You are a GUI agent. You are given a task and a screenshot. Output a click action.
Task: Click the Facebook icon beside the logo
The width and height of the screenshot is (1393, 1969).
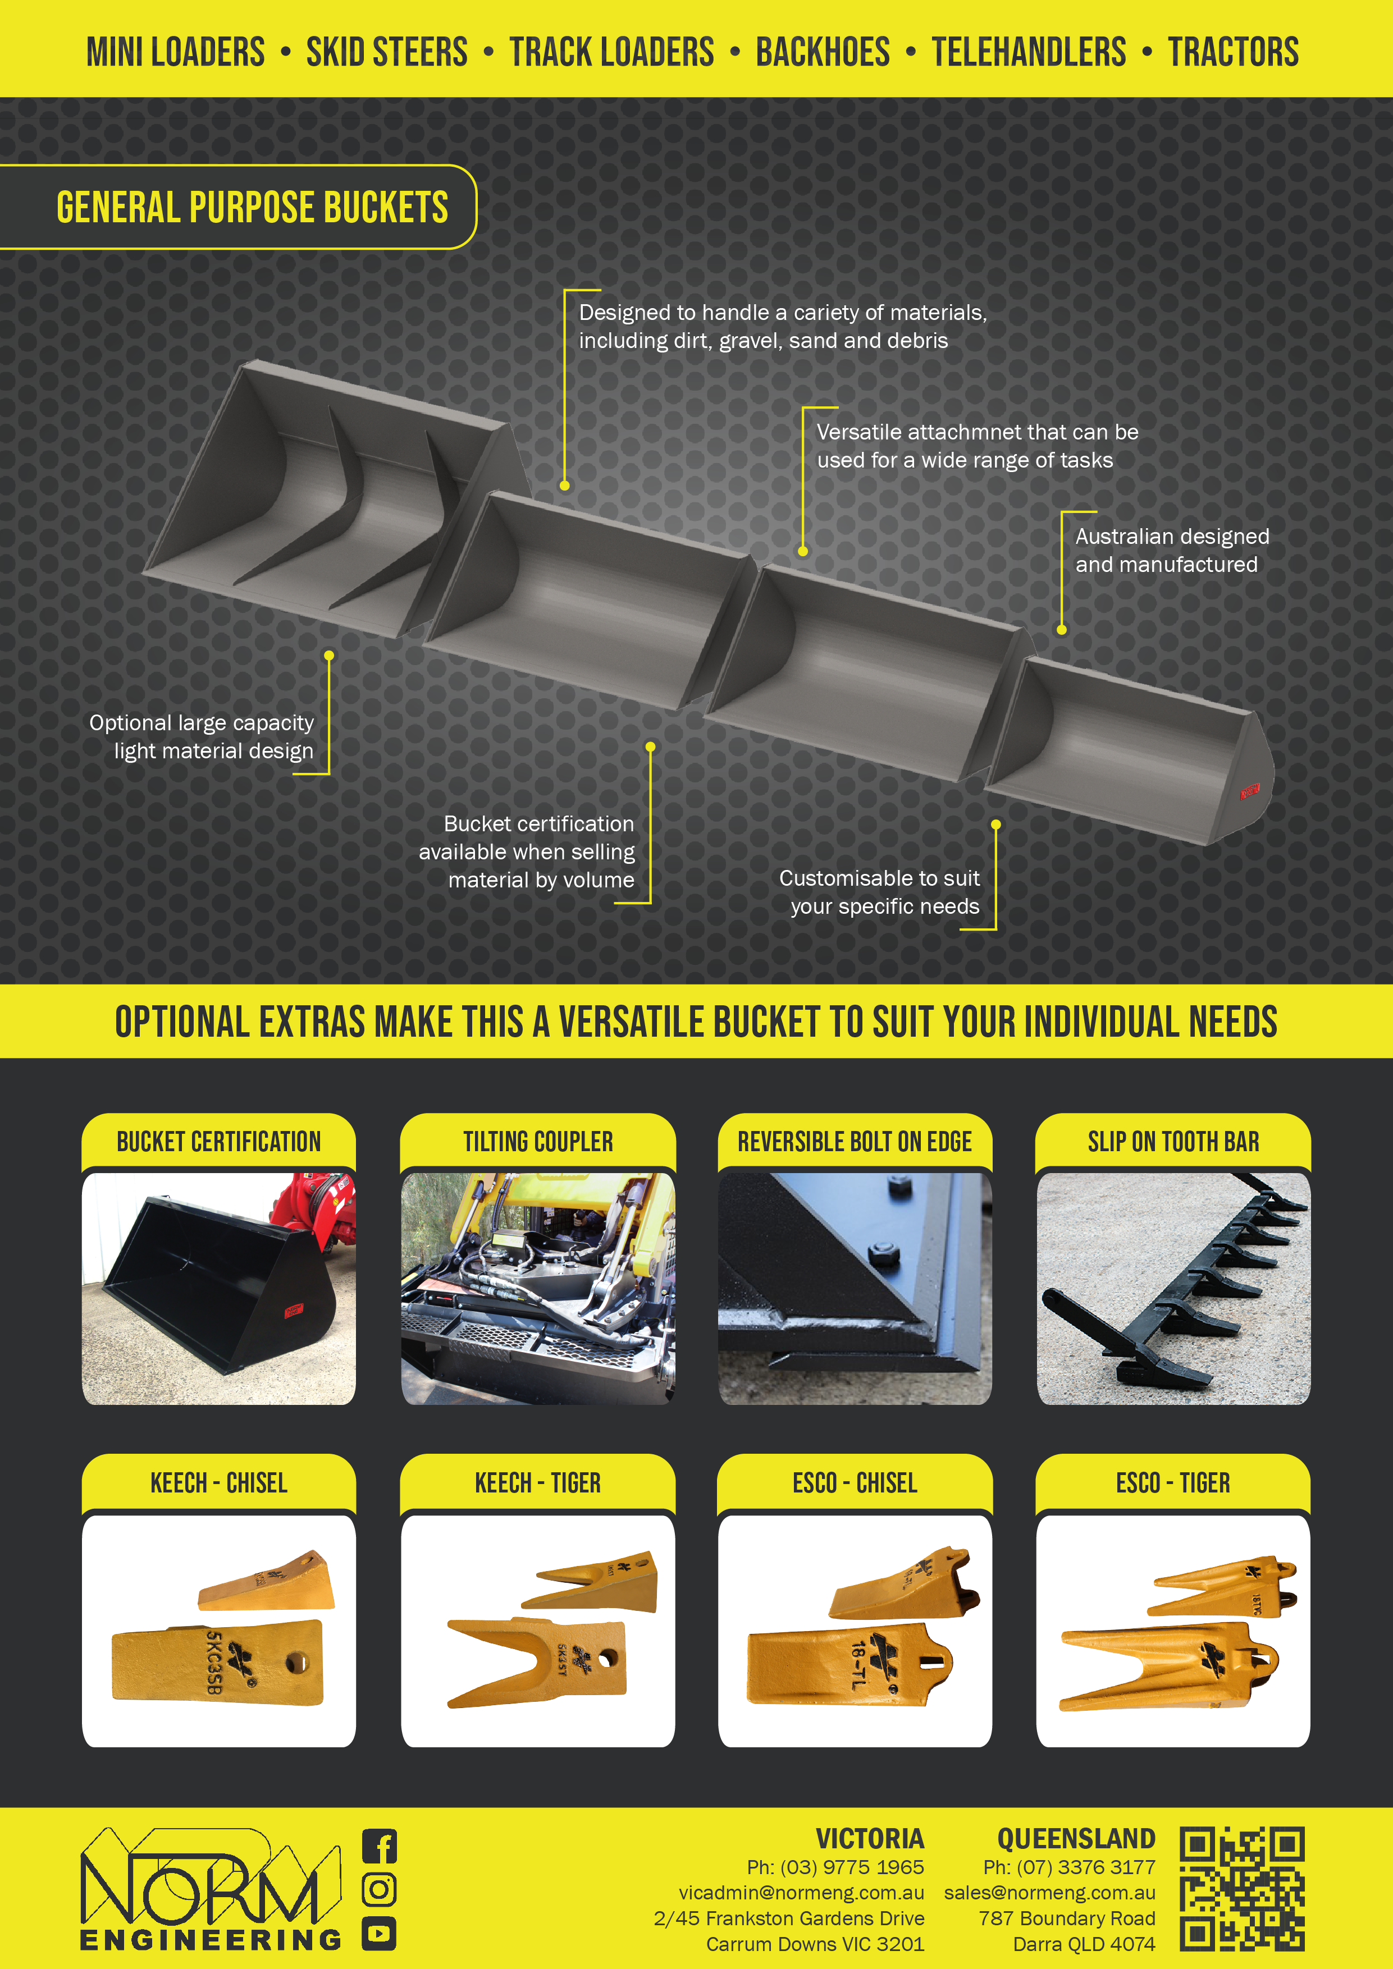pos(379,1846)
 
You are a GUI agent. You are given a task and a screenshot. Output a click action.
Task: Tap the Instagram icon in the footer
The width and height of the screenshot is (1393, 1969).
pos(379,1889)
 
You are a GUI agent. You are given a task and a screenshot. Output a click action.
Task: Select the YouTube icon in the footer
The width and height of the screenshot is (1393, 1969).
pos(379,1933)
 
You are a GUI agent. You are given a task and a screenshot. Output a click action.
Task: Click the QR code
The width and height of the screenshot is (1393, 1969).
pos(1242,1889)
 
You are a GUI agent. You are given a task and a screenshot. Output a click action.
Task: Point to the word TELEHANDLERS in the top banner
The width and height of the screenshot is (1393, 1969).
pos(1029,52)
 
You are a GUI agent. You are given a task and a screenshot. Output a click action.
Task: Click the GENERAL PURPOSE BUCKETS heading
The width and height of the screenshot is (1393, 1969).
pos(252,208)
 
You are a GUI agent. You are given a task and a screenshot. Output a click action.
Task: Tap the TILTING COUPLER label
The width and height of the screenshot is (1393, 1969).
pos(538,1142)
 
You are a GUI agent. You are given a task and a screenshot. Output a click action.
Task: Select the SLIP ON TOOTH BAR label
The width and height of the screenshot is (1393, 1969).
pos(1173,1142)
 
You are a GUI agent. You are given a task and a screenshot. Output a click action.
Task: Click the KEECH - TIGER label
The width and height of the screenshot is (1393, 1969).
pos(538,1483)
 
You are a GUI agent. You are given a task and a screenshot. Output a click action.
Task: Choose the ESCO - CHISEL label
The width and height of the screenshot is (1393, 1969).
pos(855,1483)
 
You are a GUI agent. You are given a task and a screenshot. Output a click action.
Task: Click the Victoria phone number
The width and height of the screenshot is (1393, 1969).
pos(835,1867)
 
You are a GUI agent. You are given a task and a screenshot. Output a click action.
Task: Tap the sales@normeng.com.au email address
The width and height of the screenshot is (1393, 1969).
pos(1050,1893)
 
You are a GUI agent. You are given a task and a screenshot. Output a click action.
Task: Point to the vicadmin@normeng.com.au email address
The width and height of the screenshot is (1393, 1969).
pos(801,1893)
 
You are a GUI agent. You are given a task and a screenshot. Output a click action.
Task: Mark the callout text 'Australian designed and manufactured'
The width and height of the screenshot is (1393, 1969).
pos(1172,551)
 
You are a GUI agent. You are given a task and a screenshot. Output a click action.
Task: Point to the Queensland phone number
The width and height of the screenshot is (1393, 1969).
pos(1070,1867)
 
